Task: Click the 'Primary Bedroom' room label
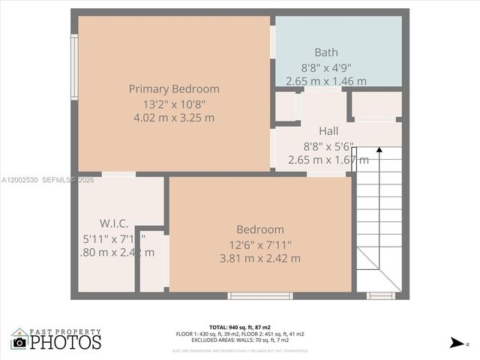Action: [x=174, y=88]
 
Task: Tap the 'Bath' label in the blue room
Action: [x=325, y=52]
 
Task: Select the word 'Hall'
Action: [x=328, y=130]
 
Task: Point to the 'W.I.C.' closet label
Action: [x=114, y=223]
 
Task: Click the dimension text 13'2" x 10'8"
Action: [x=174, y=103]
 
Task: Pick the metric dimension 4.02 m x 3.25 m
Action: [x=174, y=118]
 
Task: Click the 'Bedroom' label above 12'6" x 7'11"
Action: [x=260, y=229]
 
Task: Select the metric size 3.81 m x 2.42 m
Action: [x=260, y=259]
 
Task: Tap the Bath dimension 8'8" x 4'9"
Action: [x=325, y=67]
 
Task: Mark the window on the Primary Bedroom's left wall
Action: [x=74, y=67]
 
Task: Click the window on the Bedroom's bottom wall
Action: [x=260, y=296]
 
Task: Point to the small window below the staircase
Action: [x=381, y=296]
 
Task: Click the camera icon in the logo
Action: [x=19, y=342]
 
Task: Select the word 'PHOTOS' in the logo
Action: [x=65, y=343]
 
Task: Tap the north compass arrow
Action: [x=456, y=343]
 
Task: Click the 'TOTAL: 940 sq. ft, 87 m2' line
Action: [x=240, y=328]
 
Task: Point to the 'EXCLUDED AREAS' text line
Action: [x=240, y=340]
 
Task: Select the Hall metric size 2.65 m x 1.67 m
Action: [x=328, y=160]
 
